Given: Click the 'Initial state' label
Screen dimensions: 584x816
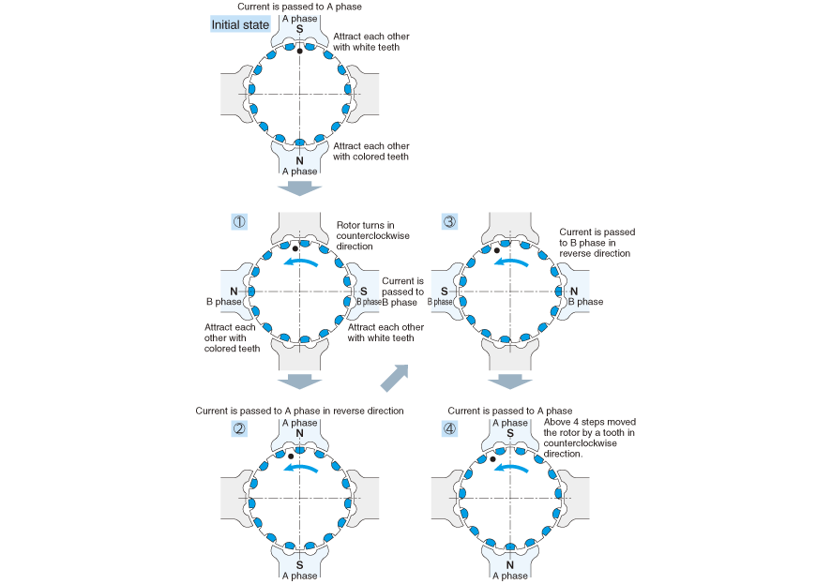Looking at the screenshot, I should pos(241,24).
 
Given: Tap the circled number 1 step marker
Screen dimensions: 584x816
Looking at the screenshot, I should pos(239,222).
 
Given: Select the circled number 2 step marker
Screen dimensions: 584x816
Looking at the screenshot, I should pos(239,428).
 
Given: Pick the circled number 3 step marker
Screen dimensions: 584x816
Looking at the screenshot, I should pos(449,222).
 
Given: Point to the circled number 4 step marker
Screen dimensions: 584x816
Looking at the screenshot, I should pos(449,428).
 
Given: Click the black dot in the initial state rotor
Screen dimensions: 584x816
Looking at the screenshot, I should pos(299,50).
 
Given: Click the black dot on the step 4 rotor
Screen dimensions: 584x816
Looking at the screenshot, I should pos(492,459).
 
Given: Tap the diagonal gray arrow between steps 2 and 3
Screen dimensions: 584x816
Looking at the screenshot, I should pos(394,378).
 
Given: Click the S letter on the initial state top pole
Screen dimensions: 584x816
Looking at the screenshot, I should pos(299,29).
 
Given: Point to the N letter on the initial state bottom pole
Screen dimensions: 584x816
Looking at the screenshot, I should pos(299,160).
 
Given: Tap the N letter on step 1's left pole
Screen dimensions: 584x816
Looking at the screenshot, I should pos(234,292).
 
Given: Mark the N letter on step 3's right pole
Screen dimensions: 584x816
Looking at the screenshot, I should pos(574,292).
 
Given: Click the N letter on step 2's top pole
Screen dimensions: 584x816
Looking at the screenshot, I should pos(299,433).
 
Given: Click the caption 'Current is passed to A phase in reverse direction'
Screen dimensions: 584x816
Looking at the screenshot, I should pos(299,411).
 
